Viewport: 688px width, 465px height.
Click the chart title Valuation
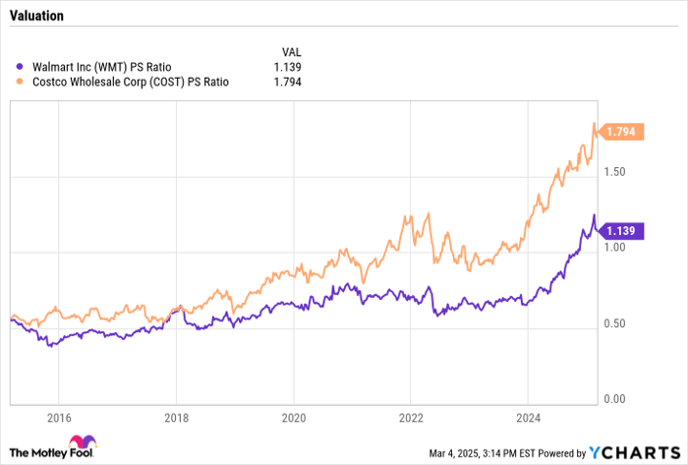click(36, 17)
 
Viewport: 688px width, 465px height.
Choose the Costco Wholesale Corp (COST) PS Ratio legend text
click(131, 83)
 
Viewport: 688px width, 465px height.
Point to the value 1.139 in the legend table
click(286, 67)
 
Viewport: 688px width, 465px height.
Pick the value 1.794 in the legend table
click(286, 83)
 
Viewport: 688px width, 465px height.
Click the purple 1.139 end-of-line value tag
click(622, 231)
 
